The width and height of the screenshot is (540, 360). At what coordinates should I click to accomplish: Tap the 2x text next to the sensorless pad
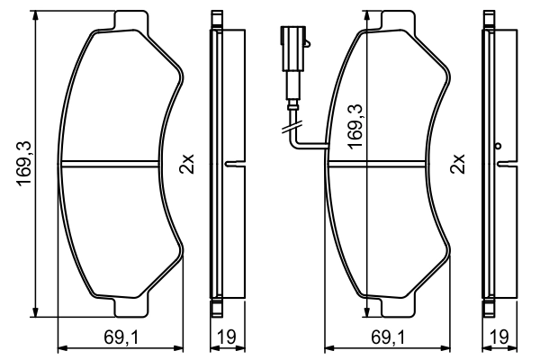point(187,165)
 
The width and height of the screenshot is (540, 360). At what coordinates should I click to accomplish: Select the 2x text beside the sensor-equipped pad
point(458,165)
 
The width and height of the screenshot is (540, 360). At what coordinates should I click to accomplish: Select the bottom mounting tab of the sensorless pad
point(131,308)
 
